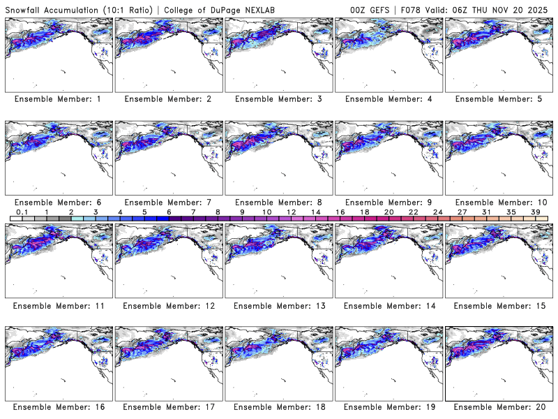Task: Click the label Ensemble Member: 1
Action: click(x=57, y=99)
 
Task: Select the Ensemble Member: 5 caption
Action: click(x=498, y=99)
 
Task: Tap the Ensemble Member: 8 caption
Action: click(x=278, y=202)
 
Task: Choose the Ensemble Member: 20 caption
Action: click(x=498, y=407)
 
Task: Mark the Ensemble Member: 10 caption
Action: click(x=498, y=202)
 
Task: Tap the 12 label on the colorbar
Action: click(x=291, y=212)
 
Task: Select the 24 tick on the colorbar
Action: click(x=438, y=212)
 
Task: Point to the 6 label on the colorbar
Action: click(x=169, y=212)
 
